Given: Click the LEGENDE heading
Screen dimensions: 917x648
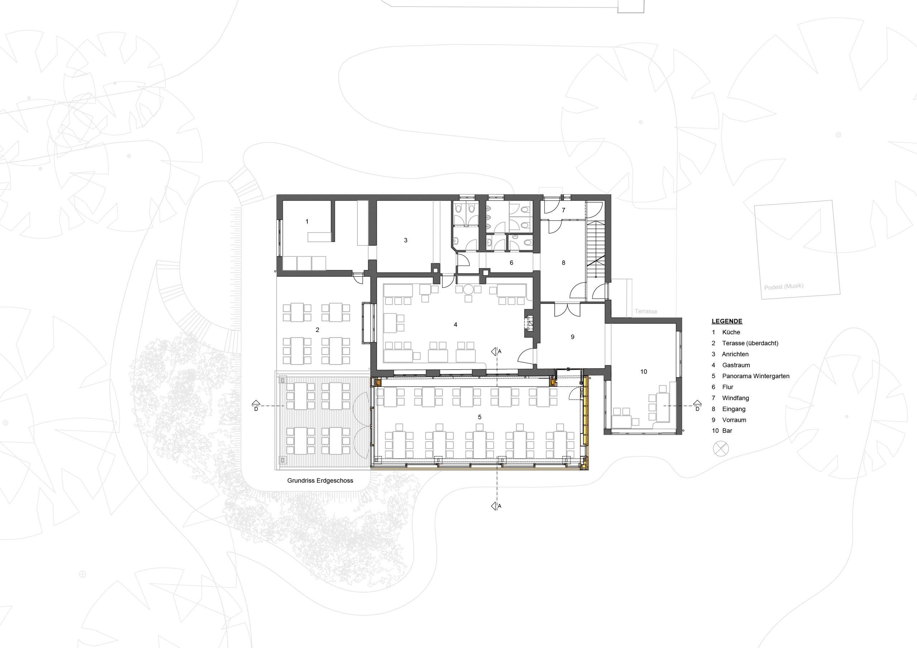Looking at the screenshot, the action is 727,321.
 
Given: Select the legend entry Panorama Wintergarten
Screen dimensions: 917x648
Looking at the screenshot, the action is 756,376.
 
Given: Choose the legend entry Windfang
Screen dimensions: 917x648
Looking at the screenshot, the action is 735,398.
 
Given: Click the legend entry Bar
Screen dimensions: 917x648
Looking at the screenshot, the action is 727,430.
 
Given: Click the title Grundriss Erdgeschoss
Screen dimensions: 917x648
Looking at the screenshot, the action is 320,481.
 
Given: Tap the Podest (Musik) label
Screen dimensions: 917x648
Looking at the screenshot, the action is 784,287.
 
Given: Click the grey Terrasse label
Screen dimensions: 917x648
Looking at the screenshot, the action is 646,311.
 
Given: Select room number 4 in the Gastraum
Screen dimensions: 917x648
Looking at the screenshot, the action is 455,325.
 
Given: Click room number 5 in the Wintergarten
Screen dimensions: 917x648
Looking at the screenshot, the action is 479,417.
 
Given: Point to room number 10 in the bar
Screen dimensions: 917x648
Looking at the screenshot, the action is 643,371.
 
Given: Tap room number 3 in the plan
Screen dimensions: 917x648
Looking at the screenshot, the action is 405,240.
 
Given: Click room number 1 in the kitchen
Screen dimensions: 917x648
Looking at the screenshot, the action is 307,221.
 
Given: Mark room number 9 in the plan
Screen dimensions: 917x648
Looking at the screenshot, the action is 572,337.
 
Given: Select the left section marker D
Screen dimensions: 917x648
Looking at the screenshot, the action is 256,405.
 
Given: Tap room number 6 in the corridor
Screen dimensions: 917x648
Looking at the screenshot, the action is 511,263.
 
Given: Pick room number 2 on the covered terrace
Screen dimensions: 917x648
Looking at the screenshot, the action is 317,330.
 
